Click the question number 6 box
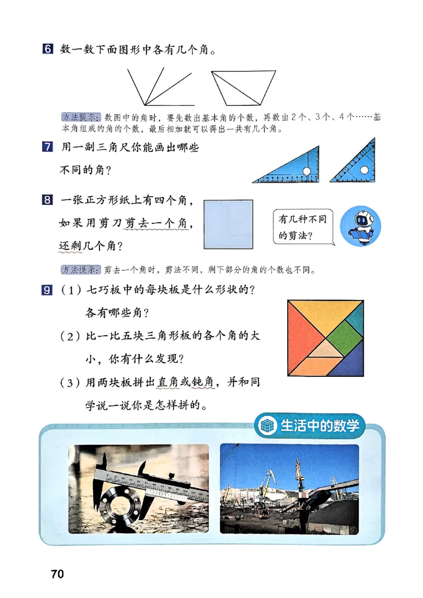[x=47, y=50]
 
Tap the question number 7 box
[x=47, y=148]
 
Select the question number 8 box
[x=47, y=201]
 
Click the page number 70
[x=57, y=574]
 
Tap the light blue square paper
[x=228, y=224]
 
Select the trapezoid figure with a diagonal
[x=244, y=88]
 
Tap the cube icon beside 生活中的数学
[x=268, y=426]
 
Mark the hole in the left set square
[x=307, y=170]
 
